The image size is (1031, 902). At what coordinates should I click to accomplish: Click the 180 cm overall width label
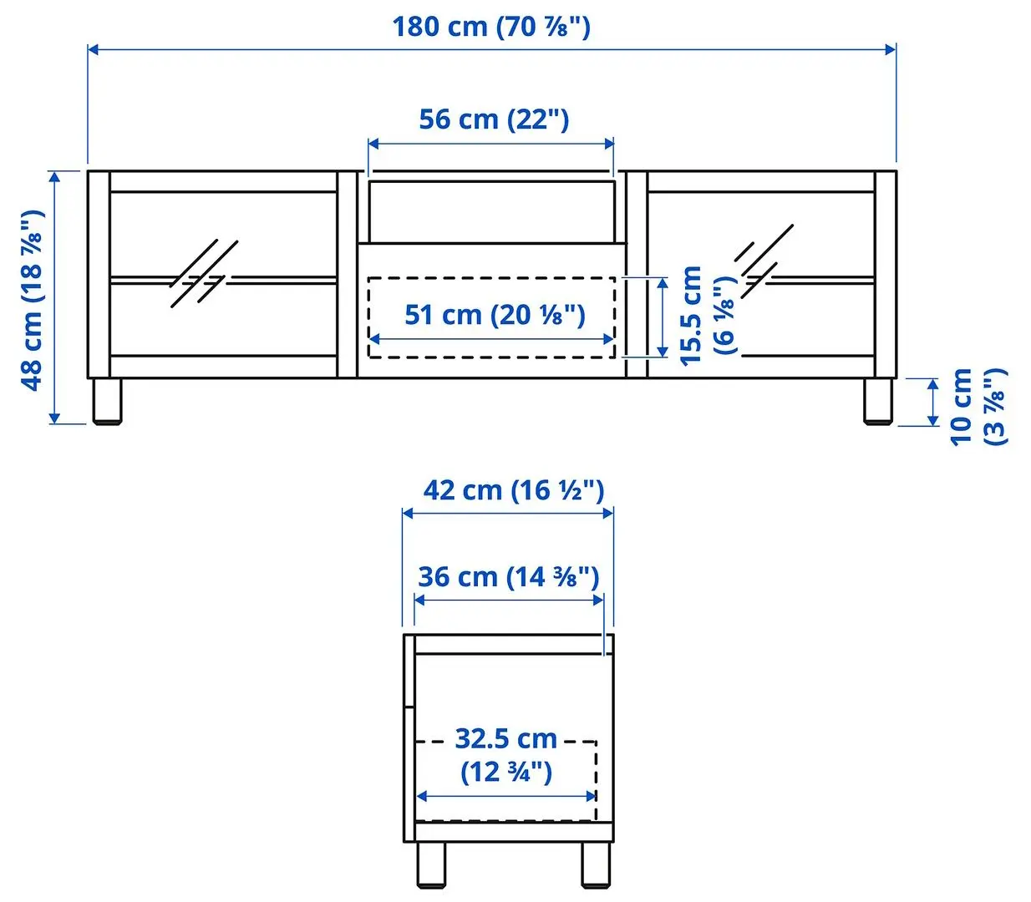pos(491,27)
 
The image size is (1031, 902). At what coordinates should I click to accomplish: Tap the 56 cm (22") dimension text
pos(494,119)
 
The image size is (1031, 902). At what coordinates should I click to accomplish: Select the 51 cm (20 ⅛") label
pos(495,315)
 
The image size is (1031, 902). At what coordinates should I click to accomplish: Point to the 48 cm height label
pos(32,299)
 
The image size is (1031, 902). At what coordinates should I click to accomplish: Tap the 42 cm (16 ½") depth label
pos(513,490)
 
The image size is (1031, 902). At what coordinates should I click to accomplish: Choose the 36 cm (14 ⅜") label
pos(508,577)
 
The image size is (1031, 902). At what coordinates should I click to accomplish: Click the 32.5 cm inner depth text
pos(506,754)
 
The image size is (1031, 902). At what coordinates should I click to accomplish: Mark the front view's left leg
pos(107,401)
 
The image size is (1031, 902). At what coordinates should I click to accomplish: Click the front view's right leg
pos(877,401)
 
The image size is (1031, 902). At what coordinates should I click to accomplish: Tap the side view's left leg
pos(431,864)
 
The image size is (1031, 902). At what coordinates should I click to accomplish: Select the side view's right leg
pos(596,864)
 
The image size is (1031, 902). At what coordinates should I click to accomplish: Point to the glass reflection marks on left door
pos(204,273)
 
